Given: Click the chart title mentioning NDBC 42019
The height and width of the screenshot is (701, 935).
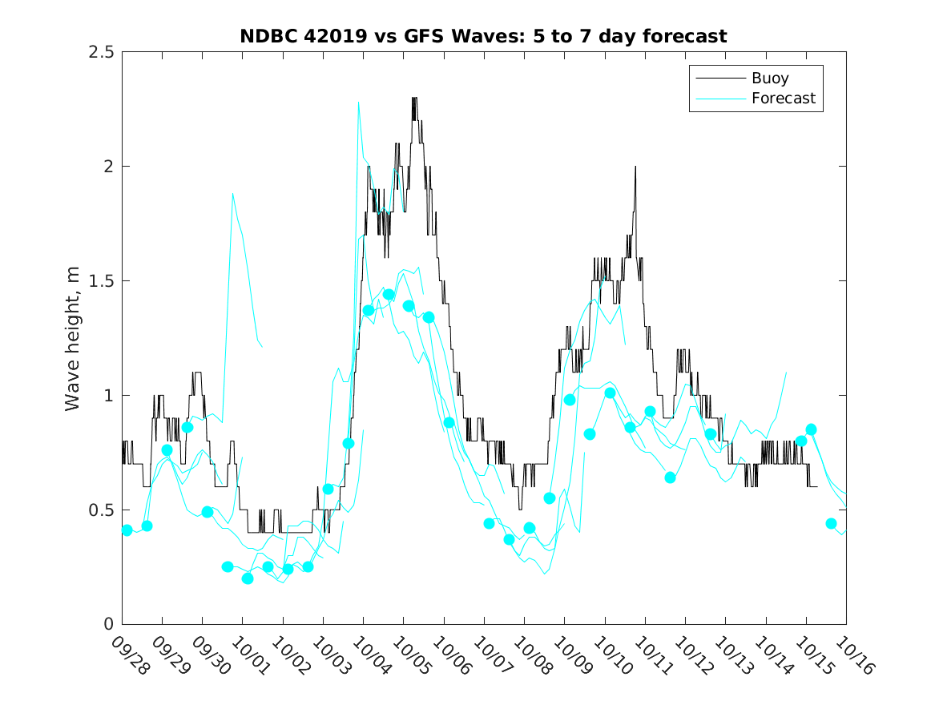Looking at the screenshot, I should click(x=483, y=37).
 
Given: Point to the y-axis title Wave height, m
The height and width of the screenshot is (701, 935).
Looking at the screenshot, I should click(x=73, y=338).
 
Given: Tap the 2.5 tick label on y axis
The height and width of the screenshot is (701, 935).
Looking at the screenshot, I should click(x=101, y=52).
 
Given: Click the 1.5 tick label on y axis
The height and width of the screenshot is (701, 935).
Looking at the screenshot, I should click(x=101, y=281).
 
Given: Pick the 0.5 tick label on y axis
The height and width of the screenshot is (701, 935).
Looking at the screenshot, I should click(x=101, y=510).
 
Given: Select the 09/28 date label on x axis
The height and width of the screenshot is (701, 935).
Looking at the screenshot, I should click(x=128, y=655).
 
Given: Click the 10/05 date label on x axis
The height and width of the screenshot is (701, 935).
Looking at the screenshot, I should click(x=409, y=655).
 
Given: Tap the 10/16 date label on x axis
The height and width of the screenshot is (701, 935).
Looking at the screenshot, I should click(x=852, y=655).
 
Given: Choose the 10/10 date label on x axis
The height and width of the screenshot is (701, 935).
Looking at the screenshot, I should click(x=611, y=655).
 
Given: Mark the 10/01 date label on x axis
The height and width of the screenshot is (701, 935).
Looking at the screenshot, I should click(x=248, y=655).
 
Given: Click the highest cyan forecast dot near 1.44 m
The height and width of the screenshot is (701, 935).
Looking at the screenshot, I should click(x=389, y=294).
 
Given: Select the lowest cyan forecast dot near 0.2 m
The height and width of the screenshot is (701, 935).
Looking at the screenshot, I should click(x=248, y=578).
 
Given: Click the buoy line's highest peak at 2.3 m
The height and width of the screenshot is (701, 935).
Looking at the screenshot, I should click(x=414, y=98).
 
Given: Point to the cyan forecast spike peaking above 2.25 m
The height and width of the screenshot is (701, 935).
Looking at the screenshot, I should click(x=358, y=103).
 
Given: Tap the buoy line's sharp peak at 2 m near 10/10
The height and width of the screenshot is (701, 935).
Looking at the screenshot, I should click(x=635, y=167).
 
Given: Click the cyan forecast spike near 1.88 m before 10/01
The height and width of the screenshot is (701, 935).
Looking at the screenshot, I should click(x=232, y=193).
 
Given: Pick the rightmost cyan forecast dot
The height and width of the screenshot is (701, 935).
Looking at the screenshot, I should click(x=831, y=523).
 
